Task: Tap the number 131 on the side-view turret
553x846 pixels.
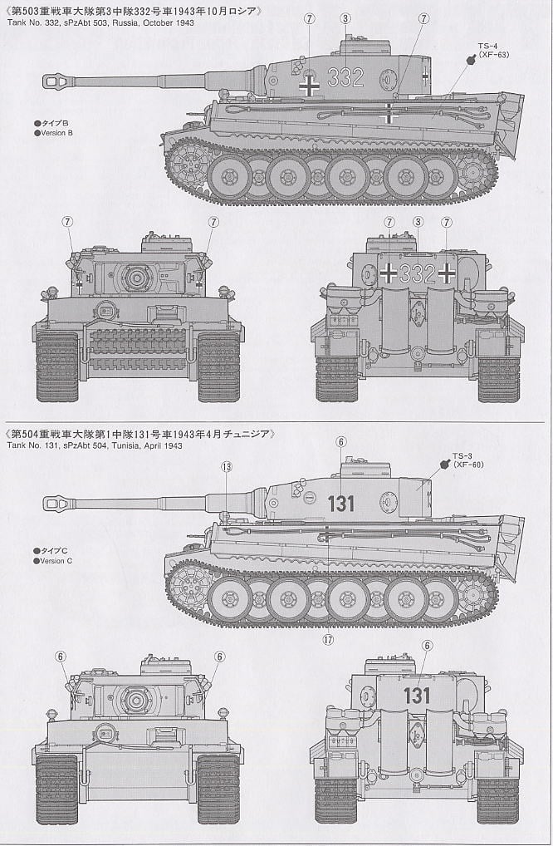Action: [340, 503]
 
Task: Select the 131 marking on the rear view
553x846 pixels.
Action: [417, 696]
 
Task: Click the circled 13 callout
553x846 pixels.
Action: [227, 467]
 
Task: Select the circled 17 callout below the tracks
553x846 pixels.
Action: [329, 639]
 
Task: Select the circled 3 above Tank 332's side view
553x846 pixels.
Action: [345, 17]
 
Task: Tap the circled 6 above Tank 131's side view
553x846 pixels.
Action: [340, 442]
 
